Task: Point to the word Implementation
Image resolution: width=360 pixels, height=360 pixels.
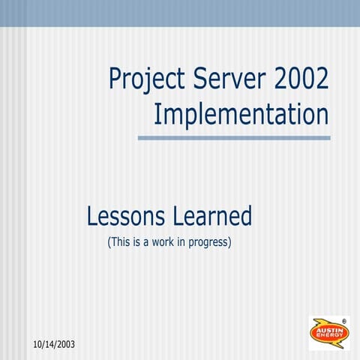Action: point(241,114)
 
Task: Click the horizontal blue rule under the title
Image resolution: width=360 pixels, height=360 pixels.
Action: point(233,137)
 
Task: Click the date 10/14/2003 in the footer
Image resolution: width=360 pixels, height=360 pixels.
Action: point(55,344)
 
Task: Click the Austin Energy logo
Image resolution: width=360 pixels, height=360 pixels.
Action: point(328,333)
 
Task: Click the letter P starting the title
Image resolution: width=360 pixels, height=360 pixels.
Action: point(115,78)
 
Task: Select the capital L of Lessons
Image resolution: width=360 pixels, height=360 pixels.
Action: point(91,216)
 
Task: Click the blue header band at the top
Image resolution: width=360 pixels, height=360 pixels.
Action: point(180,13)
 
